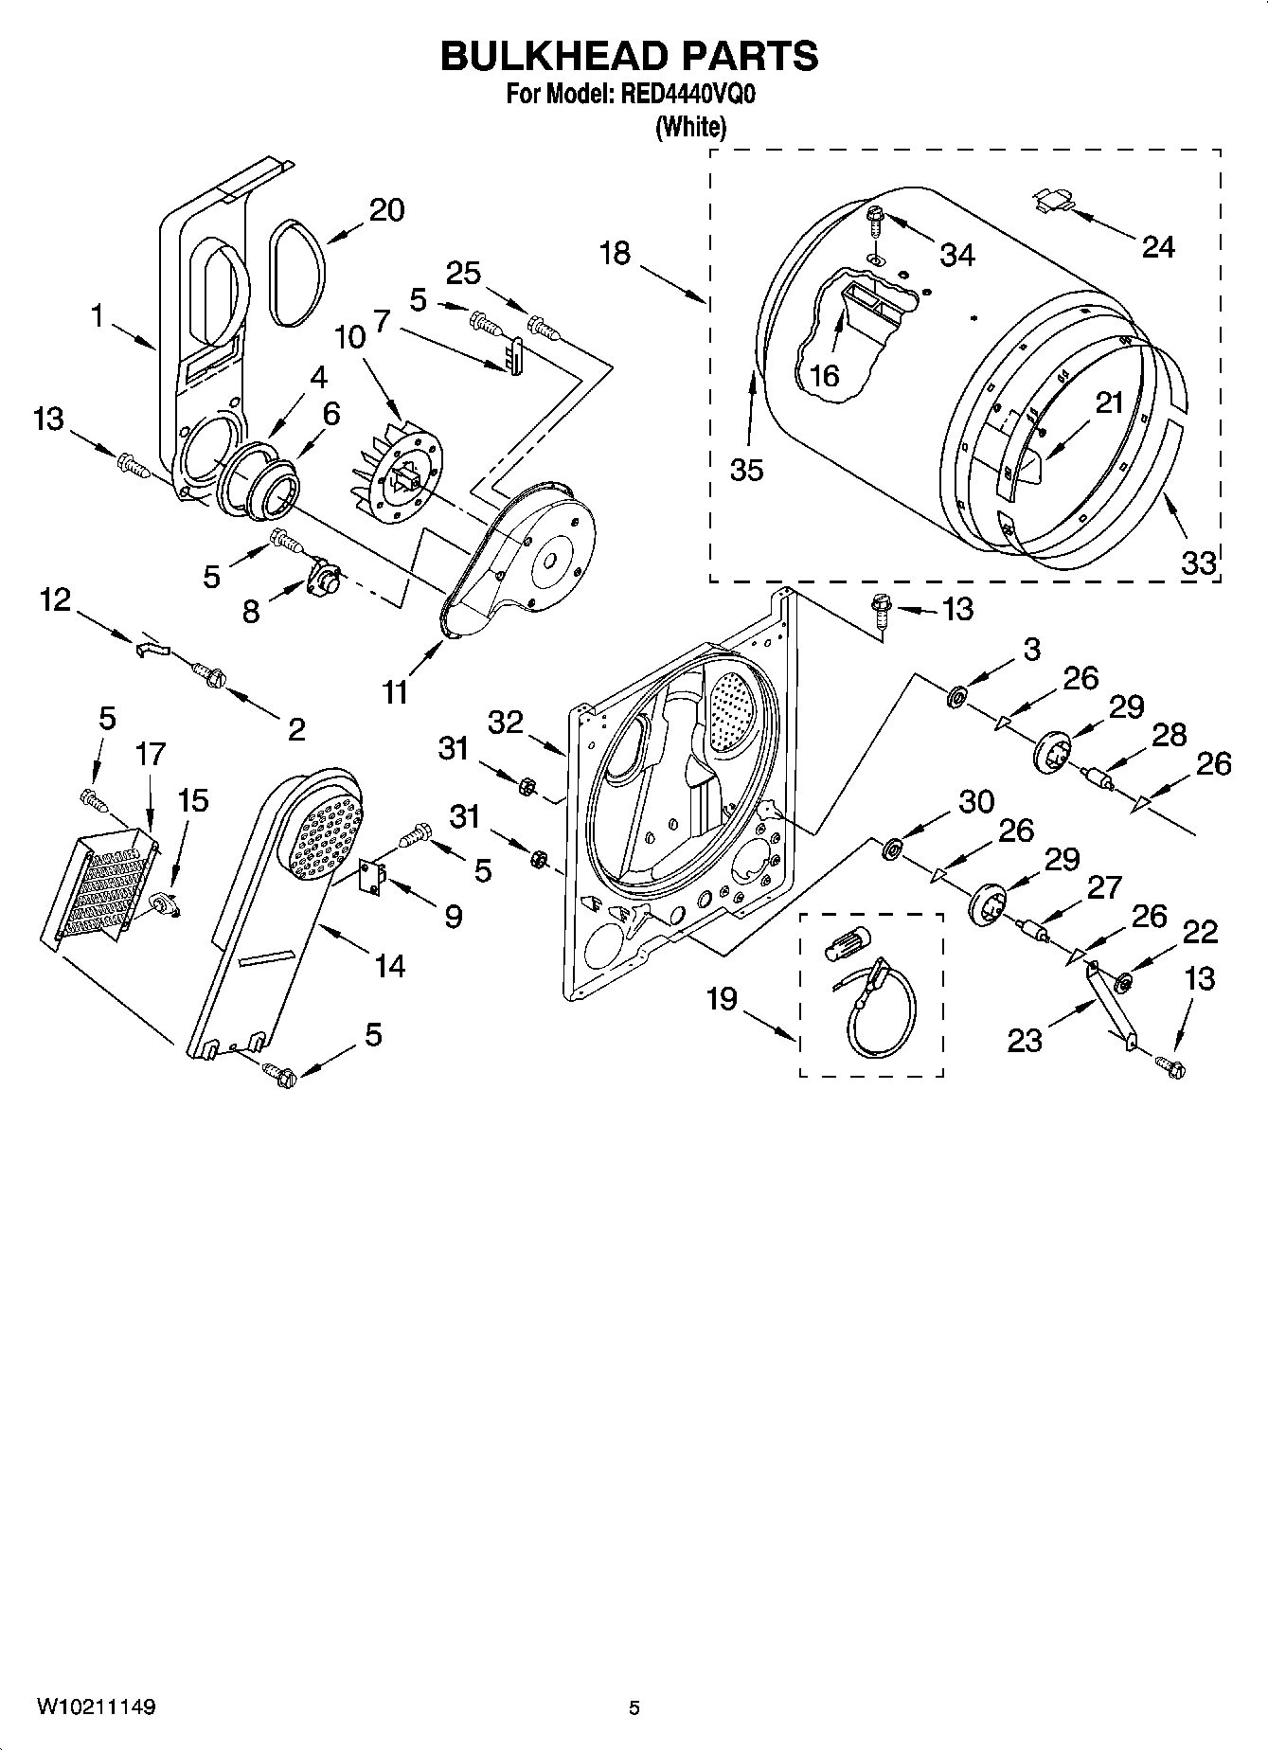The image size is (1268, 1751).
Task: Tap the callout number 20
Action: tap(386, 210)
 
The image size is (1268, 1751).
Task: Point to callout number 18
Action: tap(615, 254)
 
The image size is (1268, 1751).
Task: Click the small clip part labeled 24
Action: tap(1052, 200)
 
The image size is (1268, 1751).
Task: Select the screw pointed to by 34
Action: tap(875, 221)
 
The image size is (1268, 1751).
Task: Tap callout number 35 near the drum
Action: tap(746, 470)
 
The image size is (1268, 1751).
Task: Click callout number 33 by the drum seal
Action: tap(1198, 563)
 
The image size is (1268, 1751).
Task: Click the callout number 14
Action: tap(388, 966)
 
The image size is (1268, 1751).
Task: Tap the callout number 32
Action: tap(506, 723)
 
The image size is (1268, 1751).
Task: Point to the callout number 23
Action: tap(1025, 1041)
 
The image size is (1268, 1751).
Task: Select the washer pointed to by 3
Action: tap(955, 699)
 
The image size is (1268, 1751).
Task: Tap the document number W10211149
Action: tap(97, 1707)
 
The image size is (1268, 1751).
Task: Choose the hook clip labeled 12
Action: tap(151, 647)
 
